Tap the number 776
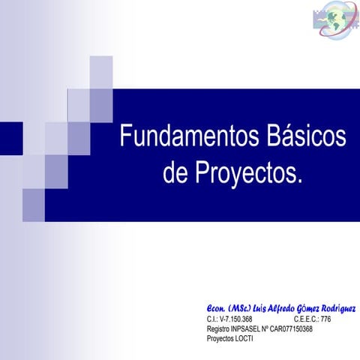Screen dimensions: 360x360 click(x=325, y=319)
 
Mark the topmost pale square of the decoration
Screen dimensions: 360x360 click(x=101, y=72)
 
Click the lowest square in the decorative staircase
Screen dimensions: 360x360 click(x=34, y=205)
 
